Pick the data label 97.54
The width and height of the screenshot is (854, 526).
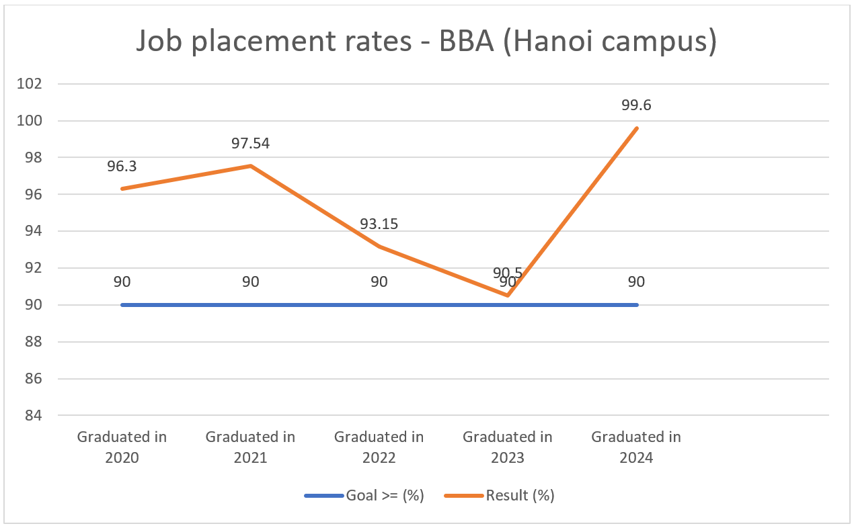click(250, 143)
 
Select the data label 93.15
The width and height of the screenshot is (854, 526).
click(379, 224)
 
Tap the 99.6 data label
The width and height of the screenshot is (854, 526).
click(636, 105)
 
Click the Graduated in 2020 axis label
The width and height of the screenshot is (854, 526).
click(122, 447)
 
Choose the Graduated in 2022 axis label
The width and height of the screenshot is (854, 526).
click(379, 447)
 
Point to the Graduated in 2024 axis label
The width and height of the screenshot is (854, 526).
click(636, 447)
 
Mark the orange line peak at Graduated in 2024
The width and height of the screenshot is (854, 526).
click(636, 128)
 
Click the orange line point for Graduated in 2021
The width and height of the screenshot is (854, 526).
click(250, 166)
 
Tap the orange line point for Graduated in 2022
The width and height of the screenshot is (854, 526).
click(379, 247)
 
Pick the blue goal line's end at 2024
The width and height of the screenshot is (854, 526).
click(636, 305)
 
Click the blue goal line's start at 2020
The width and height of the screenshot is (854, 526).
click(122, 305)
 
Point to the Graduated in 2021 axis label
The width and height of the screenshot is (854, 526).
click(250, 447)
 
